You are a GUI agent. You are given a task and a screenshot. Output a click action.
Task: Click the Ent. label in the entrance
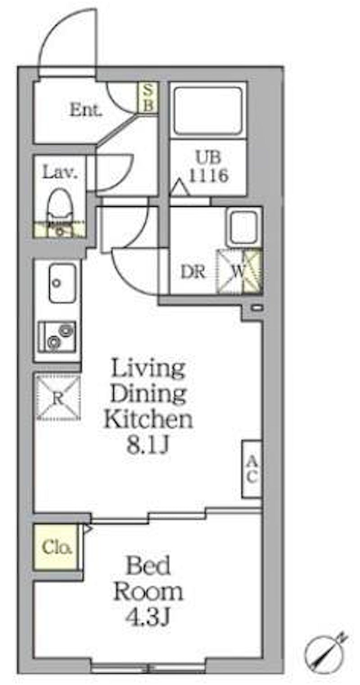[85, 110]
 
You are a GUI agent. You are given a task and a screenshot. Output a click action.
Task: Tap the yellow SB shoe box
[148, 97]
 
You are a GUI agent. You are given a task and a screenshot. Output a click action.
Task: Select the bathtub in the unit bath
[208, 111]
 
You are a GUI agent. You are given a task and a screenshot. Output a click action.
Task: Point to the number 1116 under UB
[209, 176]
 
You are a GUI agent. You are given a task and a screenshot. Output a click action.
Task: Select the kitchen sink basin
[62, 283]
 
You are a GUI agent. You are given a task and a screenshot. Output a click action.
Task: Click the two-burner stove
[57, 336]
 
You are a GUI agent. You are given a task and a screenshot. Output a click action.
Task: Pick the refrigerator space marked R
[58, 398]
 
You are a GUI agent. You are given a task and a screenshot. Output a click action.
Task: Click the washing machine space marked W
[239, 271]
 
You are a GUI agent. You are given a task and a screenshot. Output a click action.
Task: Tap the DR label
[193, 271]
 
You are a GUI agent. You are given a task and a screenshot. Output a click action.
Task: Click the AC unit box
[252, 469]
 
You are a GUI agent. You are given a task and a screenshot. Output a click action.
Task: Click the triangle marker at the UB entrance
[179, 188]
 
